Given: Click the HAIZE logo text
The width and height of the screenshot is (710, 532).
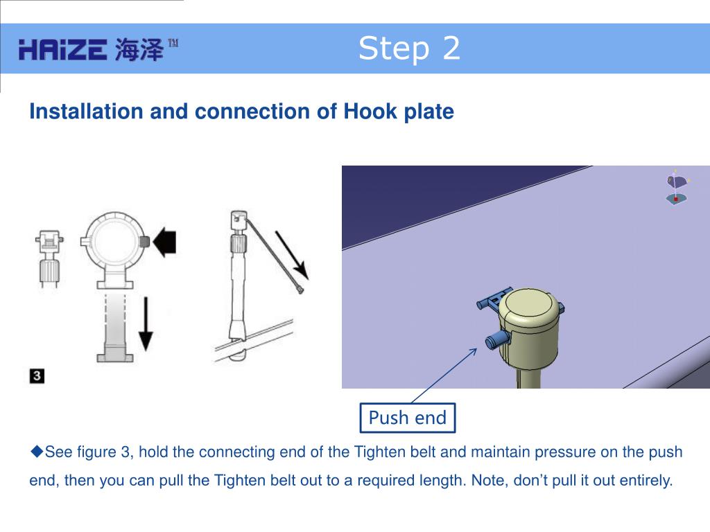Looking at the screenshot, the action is click(62, 50).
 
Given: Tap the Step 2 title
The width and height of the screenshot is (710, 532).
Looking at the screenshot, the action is click(409, 48).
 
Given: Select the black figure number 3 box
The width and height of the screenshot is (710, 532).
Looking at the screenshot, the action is click(37, 376).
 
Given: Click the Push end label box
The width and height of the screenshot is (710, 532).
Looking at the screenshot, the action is click(408, 418).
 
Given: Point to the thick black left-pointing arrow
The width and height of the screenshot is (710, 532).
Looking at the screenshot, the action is click(164, 242).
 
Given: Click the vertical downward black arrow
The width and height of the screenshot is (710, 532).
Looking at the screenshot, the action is click(146, 324).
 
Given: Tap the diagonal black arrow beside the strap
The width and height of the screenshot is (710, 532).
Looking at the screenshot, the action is click(292, 255).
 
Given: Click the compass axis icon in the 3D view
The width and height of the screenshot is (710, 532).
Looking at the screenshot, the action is click(677, 187).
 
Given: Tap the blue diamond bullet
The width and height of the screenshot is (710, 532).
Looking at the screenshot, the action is click(37, 451).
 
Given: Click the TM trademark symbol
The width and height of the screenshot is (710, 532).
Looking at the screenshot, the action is click(173, 44).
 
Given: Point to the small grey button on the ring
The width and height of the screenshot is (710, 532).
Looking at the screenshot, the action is click(144, 242).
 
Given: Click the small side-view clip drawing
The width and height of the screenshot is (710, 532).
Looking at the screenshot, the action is click(49, 258).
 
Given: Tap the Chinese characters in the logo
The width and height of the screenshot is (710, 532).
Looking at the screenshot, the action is click(139, 50).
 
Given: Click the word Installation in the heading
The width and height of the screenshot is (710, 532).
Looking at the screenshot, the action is click(86, 112).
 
